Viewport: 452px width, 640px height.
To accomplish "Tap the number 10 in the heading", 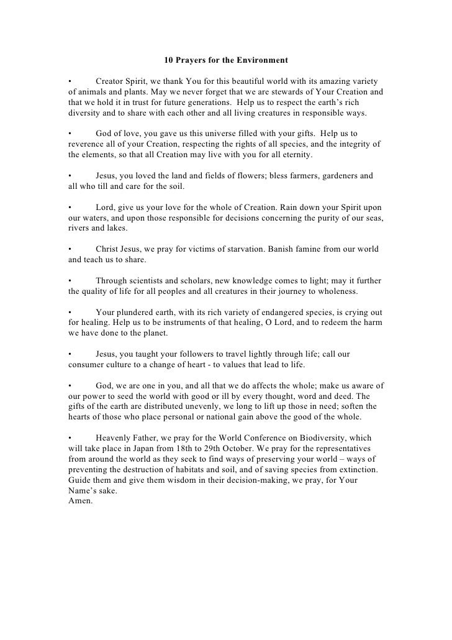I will coord(168,61).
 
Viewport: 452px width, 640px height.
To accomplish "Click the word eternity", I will coord(297,154).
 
